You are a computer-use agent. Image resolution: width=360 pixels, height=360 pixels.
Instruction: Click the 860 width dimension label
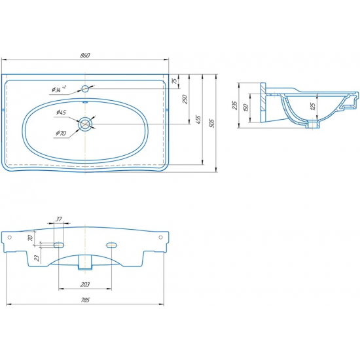click(x=85, y=56)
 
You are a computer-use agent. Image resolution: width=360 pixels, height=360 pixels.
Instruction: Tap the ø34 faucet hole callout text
click(x=59, y=89)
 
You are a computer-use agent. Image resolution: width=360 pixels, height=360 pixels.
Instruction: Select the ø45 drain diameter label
click(x=61, y=113)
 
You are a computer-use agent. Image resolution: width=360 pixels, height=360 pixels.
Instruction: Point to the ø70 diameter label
click(x=61, y=133)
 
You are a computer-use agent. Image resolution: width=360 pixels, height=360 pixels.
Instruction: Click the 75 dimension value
click(x=175, y=81)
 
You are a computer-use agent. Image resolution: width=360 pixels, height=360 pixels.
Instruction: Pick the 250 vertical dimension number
click(x=185, y=99)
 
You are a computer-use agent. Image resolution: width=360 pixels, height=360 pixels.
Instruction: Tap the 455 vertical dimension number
click(x=198, y=120)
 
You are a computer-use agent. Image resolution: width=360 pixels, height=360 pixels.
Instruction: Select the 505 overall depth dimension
click(x=212, y=123)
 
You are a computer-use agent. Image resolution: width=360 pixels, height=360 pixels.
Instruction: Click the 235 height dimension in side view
click(x=234, y=105)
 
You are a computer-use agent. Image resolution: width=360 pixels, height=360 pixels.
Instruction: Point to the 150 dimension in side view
click(x=245, y=108)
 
